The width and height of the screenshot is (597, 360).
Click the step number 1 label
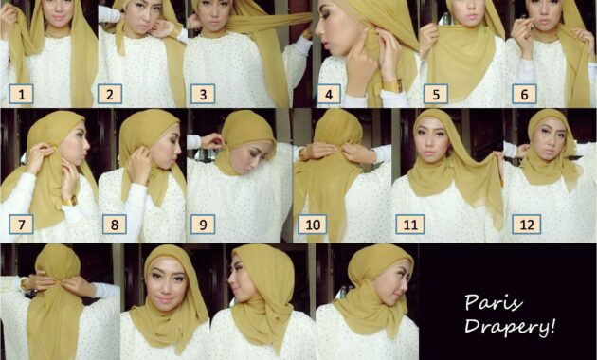21,94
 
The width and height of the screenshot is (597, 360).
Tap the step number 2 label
110,94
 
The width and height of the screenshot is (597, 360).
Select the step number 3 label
203,94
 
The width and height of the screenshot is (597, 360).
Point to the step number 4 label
329,94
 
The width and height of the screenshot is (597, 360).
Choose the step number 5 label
436,94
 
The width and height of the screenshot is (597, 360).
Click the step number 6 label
524,94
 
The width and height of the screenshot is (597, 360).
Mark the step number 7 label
21,225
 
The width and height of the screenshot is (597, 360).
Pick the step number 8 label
115,225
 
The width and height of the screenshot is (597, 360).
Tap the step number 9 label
203,225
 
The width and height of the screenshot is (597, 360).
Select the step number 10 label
312,225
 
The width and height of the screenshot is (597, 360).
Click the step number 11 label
410,225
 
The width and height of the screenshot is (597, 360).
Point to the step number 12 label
527,225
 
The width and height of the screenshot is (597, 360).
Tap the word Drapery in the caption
506,326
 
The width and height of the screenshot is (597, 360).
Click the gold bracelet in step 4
392,85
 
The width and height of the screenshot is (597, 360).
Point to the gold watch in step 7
70,201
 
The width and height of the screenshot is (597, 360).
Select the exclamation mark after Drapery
552,326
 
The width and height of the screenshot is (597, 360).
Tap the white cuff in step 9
194,142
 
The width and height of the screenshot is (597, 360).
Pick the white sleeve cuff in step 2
109,14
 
